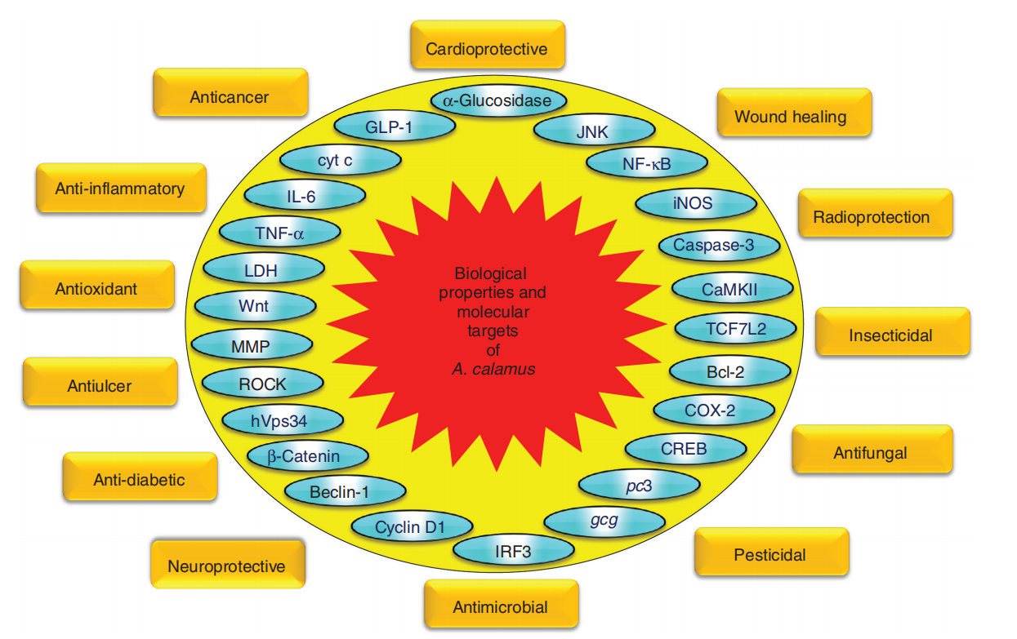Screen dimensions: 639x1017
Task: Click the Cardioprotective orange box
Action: pos(487,49)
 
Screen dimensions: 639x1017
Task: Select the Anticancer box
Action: pos(230,96)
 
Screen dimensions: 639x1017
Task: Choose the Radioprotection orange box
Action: pos(872,217)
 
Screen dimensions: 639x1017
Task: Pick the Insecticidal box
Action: pos(890,335)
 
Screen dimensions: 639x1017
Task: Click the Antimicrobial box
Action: pos(500,607)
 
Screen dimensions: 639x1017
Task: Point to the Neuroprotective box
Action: pos(226,566)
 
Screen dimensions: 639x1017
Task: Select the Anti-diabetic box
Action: pos(138,480)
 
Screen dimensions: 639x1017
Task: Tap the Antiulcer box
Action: pos(99,386)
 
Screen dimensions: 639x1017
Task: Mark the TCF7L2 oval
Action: pos(734,328)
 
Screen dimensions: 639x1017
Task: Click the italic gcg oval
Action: pos(604,520)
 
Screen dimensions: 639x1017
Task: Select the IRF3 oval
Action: pos(513,552)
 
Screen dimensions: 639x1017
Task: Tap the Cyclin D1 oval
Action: pos(411,527)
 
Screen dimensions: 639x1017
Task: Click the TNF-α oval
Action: pos(279,233)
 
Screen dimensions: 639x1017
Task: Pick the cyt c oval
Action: pos(340,161)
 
